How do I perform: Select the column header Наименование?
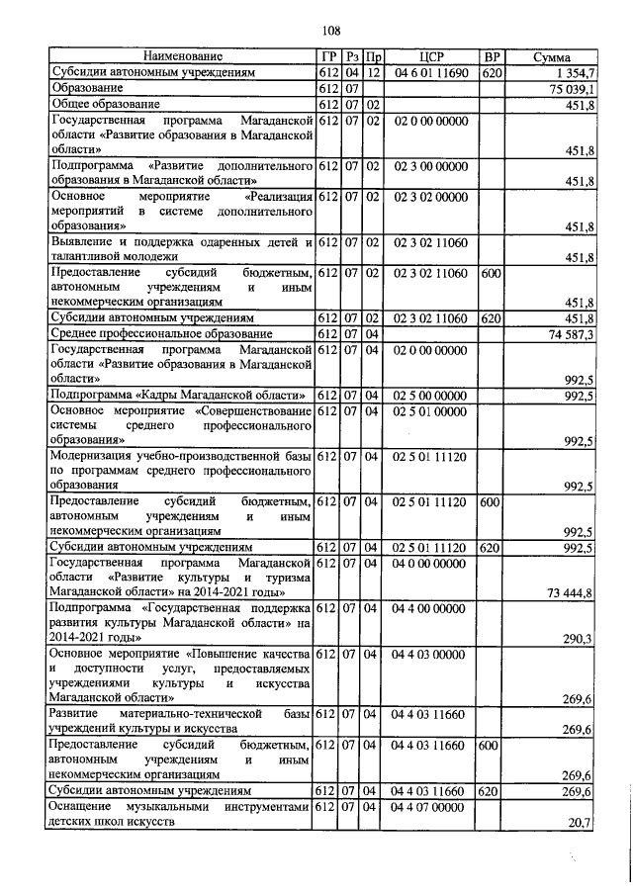pyautogui.click(x=183, y=57)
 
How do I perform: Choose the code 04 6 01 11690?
pyautogui.click(x=430, y=73)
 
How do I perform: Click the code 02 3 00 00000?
pyautogui.click(x=430, y=166)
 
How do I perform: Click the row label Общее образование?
pyautogui.click(x=106, y=105)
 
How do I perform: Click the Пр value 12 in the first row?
pyautogui.click(x=373, y=73)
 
